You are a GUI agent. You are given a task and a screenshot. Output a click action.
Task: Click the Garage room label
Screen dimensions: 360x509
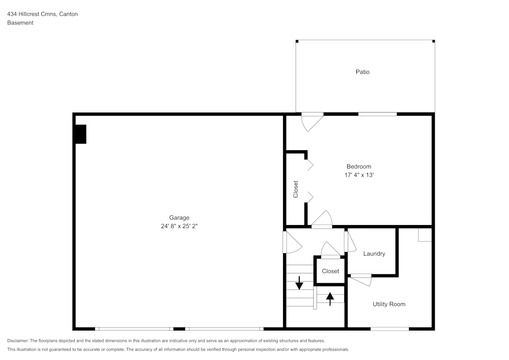[x=179, y=217]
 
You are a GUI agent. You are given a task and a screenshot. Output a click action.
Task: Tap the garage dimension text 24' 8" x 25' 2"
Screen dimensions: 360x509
[x=179, y=226]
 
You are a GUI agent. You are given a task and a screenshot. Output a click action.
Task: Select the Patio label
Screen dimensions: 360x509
[x=362, y=72]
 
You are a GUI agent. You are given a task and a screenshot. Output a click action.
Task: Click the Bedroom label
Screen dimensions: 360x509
[x=359, y=167]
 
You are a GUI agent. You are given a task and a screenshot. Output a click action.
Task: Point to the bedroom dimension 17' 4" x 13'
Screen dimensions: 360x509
[x=359, y=175]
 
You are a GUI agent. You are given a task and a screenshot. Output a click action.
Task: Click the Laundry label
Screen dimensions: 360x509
[x=374, y=254]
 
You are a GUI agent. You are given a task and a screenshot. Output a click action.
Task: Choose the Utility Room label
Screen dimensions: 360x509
[x=389, y=304]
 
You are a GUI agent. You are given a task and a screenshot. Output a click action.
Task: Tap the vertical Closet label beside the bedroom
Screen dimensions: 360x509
[x=296, y=189]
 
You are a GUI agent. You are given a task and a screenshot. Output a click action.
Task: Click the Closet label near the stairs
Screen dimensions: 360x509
[x=330, y=271]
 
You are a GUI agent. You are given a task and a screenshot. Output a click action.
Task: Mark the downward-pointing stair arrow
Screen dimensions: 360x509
[x=299, y=283]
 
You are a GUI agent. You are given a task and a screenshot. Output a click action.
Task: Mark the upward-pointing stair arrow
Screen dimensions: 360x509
[x=330, y=298]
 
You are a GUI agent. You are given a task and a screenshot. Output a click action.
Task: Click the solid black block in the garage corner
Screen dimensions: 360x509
[x=80, y=134]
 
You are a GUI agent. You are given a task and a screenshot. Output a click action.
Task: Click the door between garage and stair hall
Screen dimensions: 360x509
[x=291, y=242]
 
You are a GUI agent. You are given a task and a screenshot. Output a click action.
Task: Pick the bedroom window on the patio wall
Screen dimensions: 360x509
[x=377, y=114]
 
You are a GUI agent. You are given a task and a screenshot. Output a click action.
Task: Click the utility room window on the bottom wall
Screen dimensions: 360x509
[x=389, y=329]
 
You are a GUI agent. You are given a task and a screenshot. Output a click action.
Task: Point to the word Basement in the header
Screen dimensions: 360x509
[x=20, y=23]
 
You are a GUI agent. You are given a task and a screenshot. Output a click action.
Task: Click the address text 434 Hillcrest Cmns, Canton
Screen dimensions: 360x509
[x=42, y=14]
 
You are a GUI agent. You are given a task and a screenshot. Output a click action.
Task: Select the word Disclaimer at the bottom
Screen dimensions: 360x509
[x=18, y=341]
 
